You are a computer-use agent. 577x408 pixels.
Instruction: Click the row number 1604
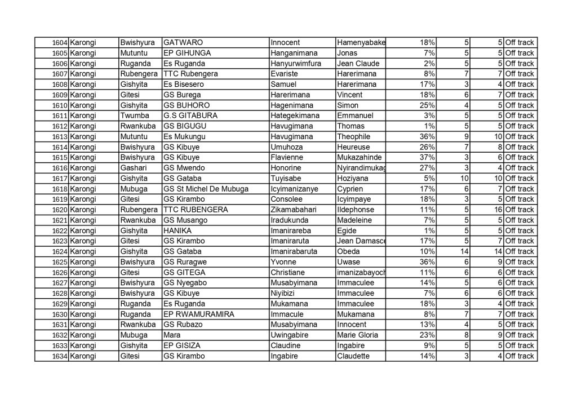click(x=60, y=43)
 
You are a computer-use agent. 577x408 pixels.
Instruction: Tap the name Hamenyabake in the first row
click(x=361, y=43)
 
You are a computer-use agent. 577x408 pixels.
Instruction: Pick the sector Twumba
click(x=133, y=116)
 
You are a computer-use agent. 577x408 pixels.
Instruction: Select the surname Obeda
click(x=348, y=251)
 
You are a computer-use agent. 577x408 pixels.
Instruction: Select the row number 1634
click(x=60, y=356)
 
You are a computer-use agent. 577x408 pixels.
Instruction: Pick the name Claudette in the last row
click(x=354, y=356)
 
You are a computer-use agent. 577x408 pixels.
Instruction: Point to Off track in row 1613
click(x=520, y=136)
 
